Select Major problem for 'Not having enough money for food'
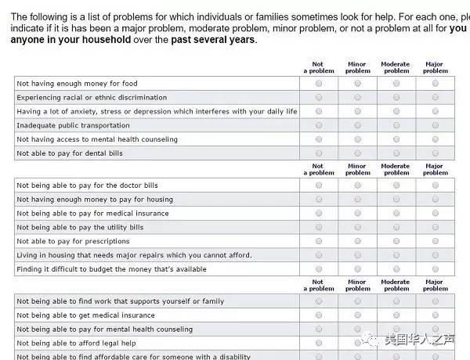(x=436, y=83)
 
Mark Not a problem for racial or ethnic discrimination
(x=318, y=97)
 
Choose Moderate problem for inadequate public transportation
(x=396, y=125)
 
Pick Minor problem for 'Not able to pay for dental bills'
(x=357, y=153)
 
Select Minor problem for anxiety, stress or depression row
(x=357, y=111)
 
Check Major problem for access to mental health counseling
(x=436, y=139)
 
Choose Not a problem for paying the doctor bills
(x=318, y=185)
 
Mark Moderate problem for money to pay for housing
(x=396, y=200)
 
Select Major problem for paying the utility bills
(x=436, y=227)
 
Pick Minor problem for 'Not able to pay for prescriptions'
(x=357, y=241)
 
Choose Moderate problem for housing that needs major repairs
(x=396, y=255)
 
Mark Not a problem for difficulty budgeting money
(x=318, y=269)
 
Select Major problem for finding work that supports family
(x=436, y=301)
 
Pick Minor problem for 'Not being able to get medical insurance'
(x=357, y=315)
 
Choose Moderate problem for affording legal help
(x=396, y=343)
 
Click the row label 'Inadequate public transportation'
(x=74, y=125)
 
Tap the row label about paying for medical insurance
(x=92, y=214)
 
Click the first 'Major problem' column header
(x=436, y=67)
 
